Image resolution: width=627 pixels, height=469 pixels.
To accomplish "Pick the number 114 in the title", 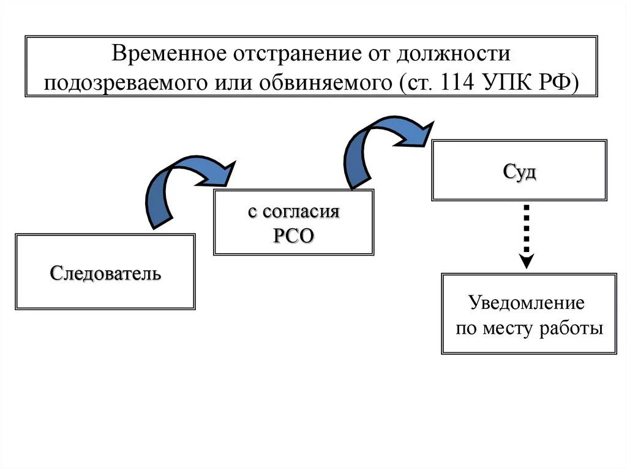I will tap(456, 83).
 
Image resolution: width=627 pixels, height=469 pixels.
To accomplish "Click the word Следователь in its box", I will tap(105, 272).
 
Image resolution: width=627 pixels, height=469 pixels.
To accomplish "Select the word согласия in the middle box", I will tap(301, 212).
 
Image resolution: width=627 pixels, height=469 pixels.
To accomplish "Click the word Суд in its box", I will tap(519, 172).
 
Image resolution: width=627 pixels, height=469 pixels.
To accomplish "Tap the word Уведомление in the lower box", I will tap(527, 303).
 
